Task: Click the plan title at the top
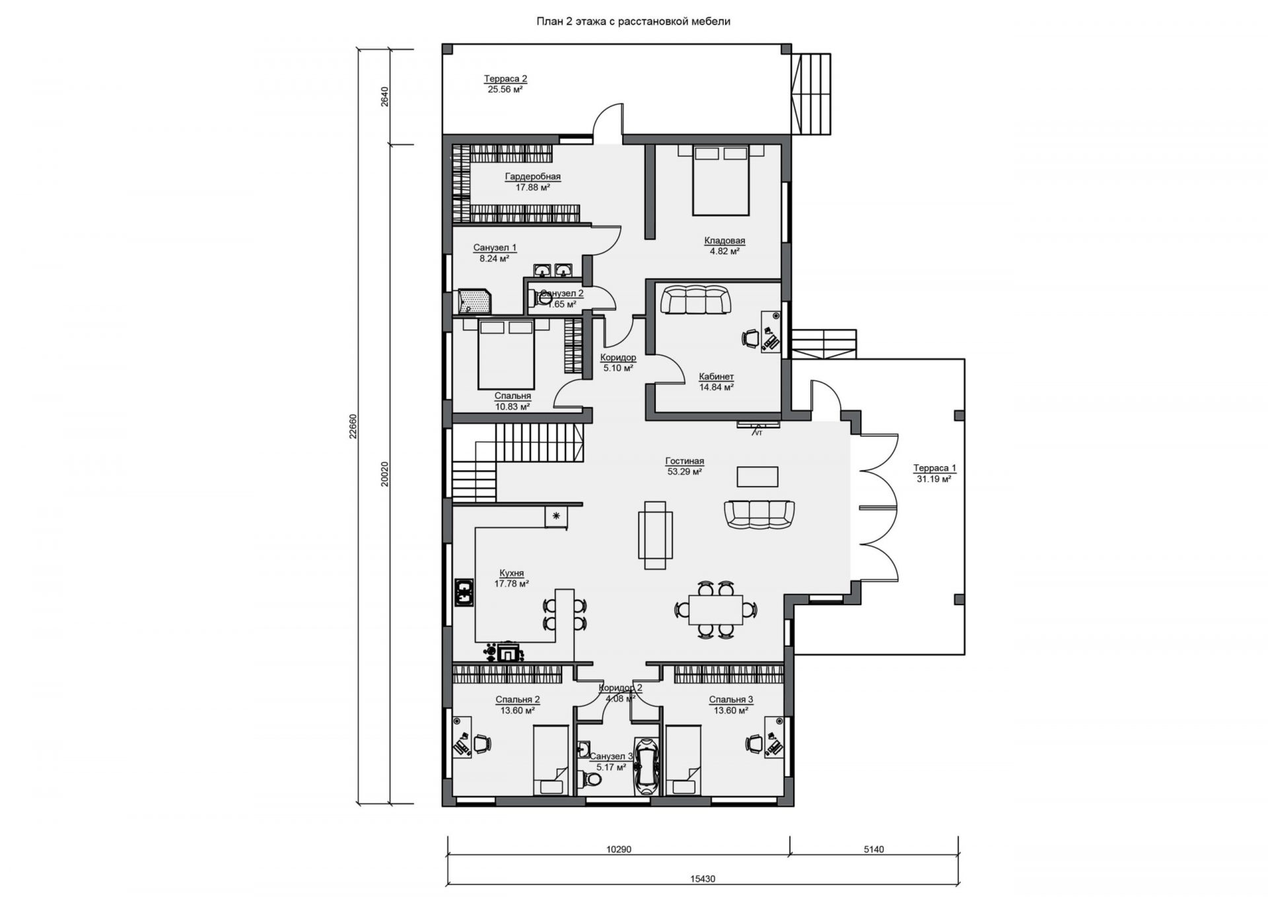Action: coord(633,21)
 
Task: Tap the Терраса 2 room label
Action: coord(505,79)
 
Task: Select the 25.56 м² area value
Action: coord(505,89)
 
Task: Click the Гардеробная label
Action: coord(533,176)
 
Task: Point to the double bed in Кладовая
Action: coord(721,180)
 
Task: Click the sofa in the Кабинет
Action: coord(697,300)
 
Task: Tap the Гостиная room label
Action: coord(685,461)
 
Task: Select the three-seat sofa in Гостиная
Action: coord(759,514)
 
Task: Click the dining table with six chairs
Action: coord(715,609)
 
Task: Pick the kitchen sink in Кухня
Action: coord(464,592)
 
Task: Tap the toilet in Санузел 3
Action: coord(592,780)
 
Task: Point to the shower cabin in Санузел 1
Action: coord(475,301)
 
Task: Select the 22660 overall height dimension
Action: coord(353,426)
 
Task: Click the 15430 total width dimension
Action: coord(703,879)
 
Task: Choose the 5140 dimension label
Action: coord(874,849)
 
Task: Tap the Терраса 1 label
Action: coord(934,468)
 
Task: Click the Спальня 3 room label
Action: coord(731,700)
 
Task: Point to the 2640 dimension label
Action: coord(386,96)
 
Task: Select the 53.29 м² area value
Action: coord(685,472)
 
